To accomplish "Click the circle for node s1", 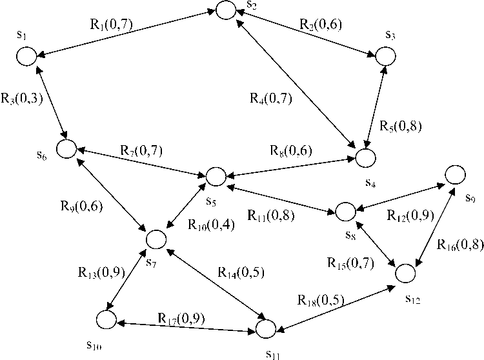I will (x=26, y=56).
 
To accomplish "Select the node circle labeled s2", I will (x=225, y=10).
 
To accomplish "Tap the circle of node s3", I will (x=386, y=56).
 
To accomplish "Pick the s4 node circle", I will (x=364, y=157).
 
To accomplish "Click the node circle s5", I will (x=216, y=176).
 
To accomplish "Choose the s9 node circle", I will (x=454, y=174).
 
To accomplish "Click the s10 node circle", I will (x=106, y=319).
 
